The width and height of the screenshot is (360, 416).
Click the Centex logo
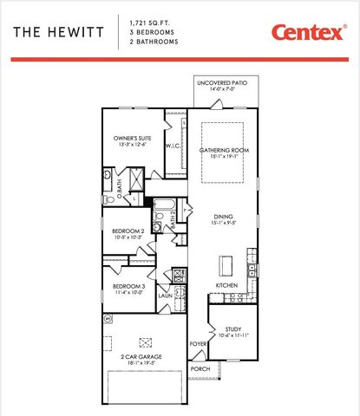pyautogui.click(x=307, y=32)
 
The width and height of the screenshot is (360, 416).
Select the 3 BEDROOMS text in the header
pyautogui.click(x=149, y=30)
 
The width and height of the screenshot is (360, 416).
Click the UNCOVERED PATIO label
pyautogui.click(x=221, y=83)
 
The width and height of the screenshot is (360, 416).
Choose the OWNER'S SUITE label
pyautogui.click(x=133, y=139)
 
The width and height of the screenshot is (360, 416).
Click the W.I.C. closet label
pyautogui.click(x=172, y=146)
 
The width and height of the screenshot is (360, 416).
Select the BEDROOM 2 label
pyautogui.click(x=127, y=231)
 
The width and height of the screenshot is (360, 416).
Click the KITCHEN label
pyautogui.click(x=227, y=285)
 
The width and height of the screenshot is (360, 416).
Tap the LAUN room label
pyautogui.click(x=165, y=296)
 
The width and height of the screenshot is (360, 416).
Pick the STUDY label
pyautogui.click(x=232, y=328)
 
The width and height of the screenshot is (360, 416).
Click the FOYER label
pyautogui.click(x=199, y=344)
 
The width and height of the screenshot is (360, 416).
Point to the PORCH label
pyautogui.click(x=200, y=368)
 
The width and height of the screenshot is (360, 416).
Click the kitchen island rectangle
pyautogui.click(x=227, y=263)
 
